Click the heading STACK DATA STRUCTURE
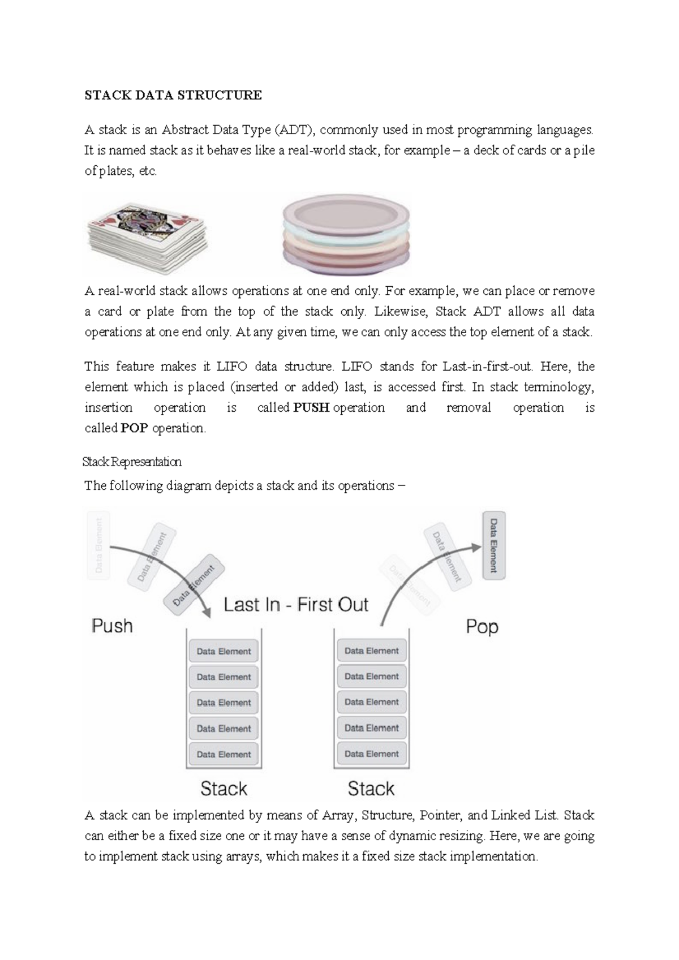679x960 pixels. click(x=173, y=95)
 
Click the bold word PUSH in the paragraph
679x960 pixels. click(x=311, y=408)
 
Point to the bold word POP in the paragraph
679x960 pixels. click(x=134, y=428)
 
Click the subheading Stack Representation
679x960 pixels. click(x=132, y=462)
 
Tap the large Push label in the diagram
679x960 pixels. click(x=113, y=626)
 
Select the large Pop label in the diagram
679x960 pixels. click(x=482, y=626)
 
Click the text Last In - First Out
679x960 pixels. click(x=296, y=605)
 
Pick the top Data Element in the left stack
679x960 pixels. click(x=224, y=651)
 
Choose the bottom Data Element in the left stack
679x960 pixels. click(x=224, y=754)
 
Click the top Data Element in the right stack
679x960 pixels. click(x=372, y=651)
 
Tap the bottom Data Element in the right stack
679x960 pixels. click(x=372, y=754)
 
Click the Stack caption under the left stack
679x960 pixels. click(x=224, y=789)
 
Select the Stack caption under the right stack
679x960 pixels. click(x=371, y=789)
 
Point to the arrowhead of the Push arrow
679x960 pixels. click(x=206, y=613)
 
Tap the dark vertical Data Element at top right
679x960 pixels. click(x=493, y=545)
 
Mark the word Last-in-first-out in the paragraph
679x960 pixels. click(x=487, y=367)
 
